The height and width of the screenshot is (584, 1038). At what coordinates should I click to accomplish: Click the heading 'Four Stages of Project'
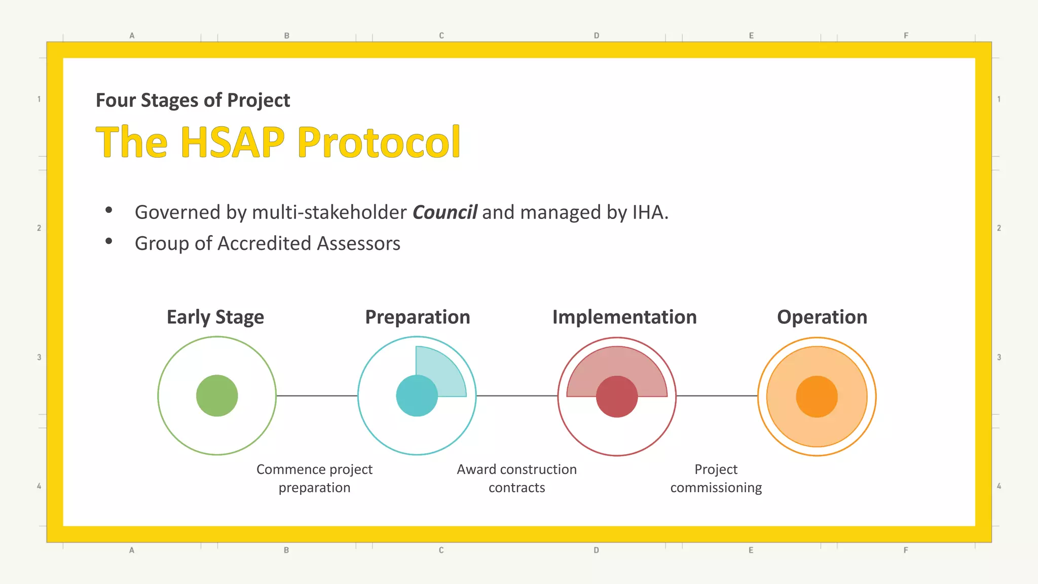coord(193,100)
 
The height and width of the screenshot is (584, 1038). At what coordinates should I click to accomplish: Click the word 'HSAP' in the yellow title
coord(233,142)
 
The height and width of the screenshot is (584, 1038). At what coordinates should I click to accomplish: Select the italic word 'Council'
coord(444,212)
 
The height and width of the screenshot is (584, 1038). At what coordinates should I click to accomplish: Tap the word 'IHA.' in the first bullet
coord(650,212)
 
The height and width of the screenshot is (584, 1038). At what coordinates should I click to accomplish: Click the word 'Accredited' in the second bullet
coord(264,244)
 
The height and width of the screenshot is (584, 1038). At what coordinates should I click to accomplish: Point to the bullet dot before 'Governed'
coord(108,210)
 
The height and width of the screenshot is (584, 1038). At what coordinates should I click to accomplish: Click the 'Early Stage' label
coord(215,317)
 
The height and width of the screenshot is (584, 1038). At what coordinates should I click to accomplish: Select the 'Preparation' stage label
coord(418,317)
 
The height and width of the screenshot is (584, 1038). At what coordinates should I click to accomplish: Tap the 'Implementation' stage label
coord(624,317)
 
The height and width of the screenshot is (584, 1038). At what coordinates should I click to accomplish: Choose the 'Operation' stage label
coord(822,317)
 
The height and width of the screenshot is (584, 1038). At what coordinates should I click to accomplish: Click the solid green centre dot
coord(217,396)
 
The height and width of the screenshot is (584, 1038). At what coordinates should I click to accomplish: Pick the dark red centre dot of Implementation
coord(617,397)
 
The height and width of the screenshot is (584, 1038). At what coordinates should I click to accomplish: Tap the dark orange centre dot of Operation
coord(817,396)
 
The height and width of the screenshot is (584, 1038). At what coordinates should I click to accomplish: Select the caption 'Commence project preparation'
coord(314,478)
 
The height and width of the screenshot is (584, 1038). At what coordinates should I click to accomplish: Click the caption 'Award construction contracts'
coord(516,478)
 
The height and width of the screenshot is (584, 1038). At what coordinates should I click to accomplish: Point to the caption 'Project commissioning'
coord(716,478)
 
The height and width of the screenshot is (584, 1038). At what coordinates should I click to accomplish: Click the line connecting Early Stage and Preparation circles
coord(317,396)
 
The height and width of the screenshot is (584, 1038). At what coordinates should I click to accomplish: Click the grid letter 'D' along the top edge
coord(597,35)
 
